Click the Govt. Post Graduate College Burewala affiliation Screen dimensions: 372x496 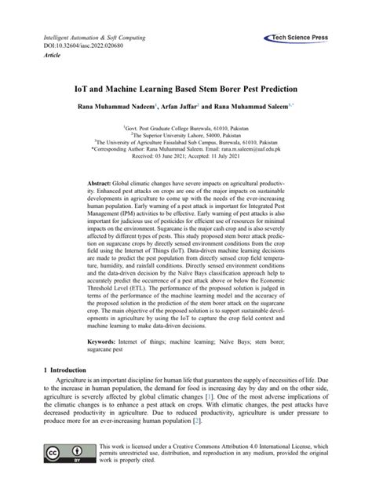(187, 126)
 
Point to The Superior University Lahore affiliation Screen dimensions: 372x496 (187, 133)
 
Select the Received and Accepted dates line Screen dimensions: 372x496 (187, 154)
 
